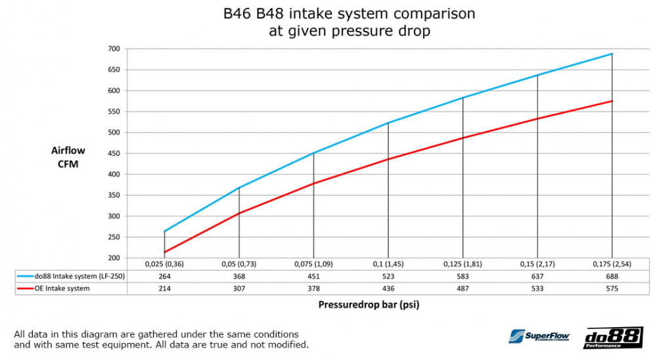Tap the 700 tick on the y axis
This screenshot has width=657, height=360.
click(114, 49)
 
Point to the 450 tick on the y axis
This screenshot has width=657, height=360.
click(114, 154)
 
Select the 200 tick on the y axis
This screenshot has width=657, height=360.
click(114, 258)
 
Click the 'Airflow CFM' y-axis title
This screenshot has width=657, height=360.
click(68, 157)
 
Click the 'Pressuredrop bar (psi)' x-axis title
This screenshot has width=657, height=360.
click(370, 305)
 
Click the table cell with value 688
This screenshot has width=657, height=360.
click(612, 277)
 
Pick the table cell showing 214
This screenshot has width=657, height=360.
click(164, 288)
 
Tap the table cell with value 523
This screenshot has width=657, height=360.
click(388, 277)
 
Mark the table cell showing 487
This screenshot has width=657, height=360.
click(463, 288)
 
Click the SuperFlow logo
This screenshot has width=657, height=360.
click(539, 337)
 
